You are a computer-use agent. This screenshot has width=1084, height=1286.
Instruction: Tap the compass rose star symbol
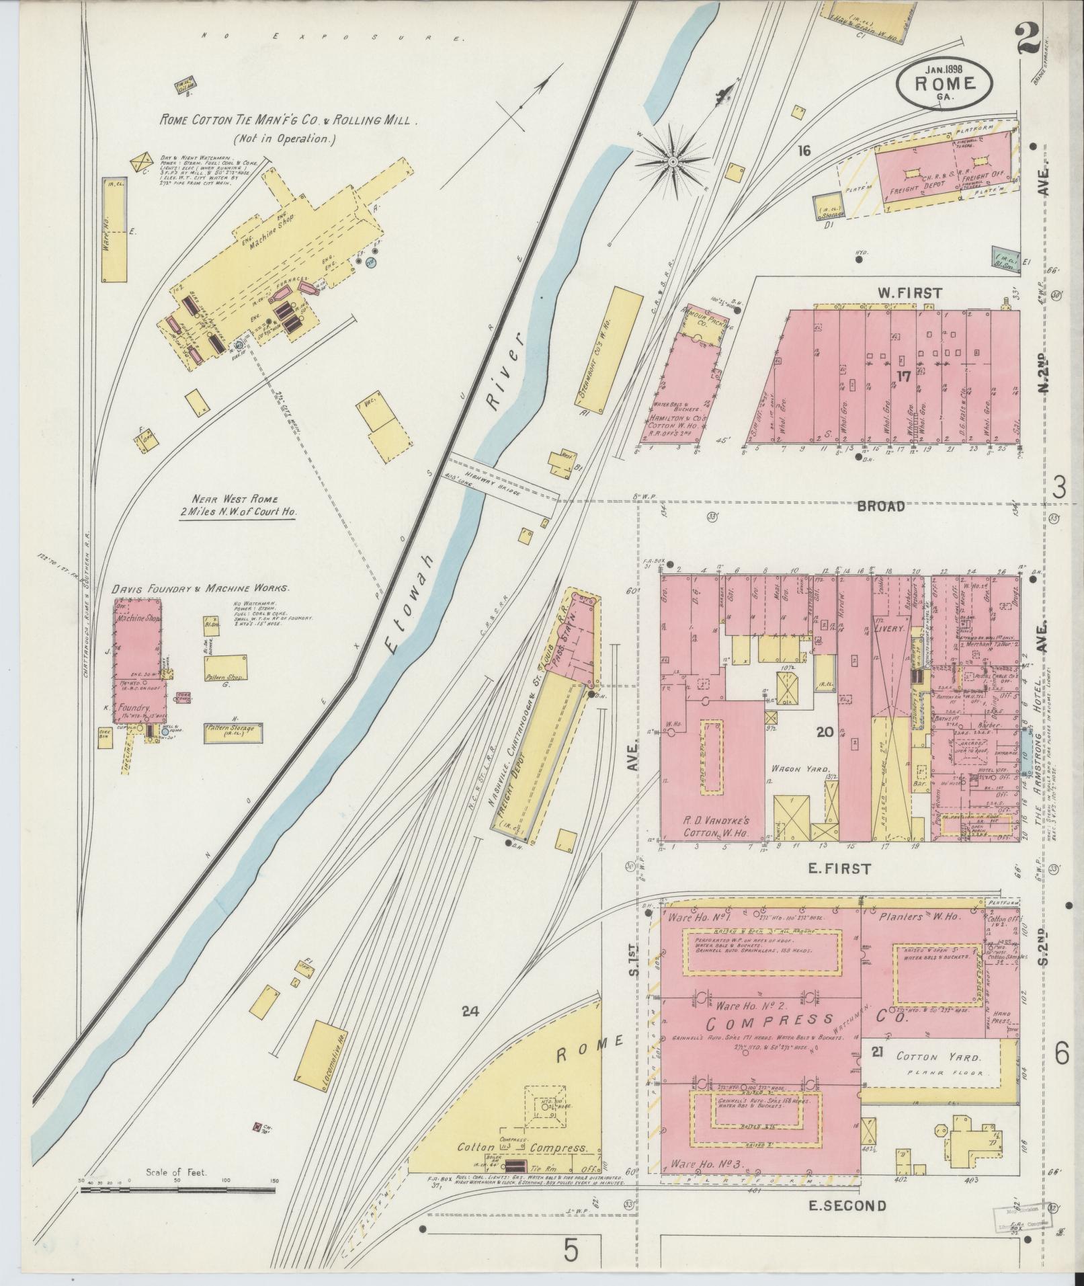pyautogui.click(x=672, y=161)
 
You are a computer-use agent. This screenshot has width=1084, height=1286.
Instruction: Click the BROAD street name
pyautogui.click(x=881, y=507)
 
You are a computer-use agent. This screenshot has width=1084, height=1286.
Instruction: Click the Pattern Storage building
pyautogui.click(x=233, y=732)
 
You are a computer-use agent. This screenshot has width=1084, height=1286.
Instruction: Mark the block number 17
pyautogui.click(x=903, y=376)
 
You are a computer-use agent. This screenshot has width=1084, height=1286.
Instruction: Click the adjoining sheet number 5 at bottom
pyautogui.click(x=571, y=1251)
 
